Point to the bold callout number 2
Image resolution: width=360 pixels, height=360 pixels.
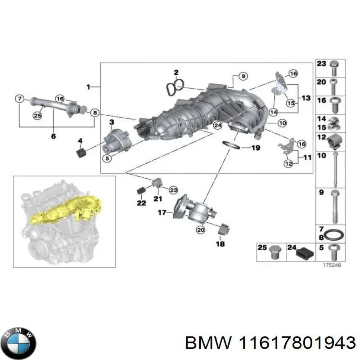(x=176, y=72)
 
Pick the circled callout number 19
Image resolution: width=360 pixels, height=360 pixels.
(x=255, y=147)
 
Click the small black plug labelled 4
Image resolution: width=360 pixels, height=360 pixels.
(x=81, y=154)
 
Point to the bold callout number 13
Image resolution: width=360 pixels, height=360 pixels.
(x=306, y=98)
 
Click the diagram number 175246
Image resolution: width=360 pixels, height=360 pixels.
(x=332, y=266)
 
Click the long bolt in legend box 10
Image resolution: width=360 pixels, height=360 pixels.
(x=335, y=169)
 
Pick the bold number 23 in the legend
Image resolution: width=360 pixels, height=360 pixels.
(x=321, y=64)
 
